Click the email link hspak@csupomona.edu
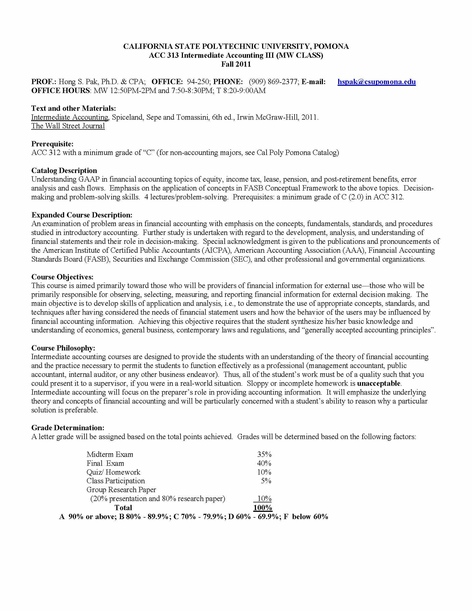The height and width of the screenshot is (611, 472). point(376,82)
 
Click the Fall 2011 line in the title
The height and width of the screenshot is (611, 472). point(236,64)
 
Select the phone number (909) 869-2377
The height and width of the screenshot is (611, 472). point(273,82)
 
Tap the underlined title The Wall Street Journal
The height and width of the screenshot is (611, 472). point(68,126)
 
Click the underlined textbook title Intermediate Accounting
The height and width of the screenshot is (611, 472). point(70,117)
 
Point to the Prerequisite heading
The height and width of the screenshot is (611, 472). point(52,144)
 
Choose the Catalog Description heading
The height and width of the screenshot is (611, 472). point(64,170)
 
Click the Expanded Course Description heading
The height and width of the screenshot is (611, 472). point(82,215)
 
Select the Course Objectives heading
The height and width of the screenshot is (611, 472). point(62,277)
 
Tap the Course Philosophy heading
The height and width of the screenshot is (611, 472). point(63,348)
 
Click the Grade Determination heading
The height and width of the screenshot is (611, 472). point(68,428)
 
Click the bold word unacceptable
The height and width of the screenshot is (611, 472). point(379,383)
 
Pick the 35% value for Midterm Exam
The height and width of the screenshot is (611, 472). point(264,454)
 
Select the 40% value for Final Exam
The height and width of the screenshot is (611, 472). point(264,463)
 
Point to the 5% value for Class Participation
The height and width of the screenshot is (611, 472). point(266,481)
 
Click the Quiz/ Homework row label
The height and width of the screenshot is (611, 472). point(113,472)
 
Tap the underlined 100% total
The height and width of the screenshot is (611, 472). point(263,508)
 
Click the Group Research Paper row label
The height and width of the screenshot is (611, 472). point(121,490)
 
